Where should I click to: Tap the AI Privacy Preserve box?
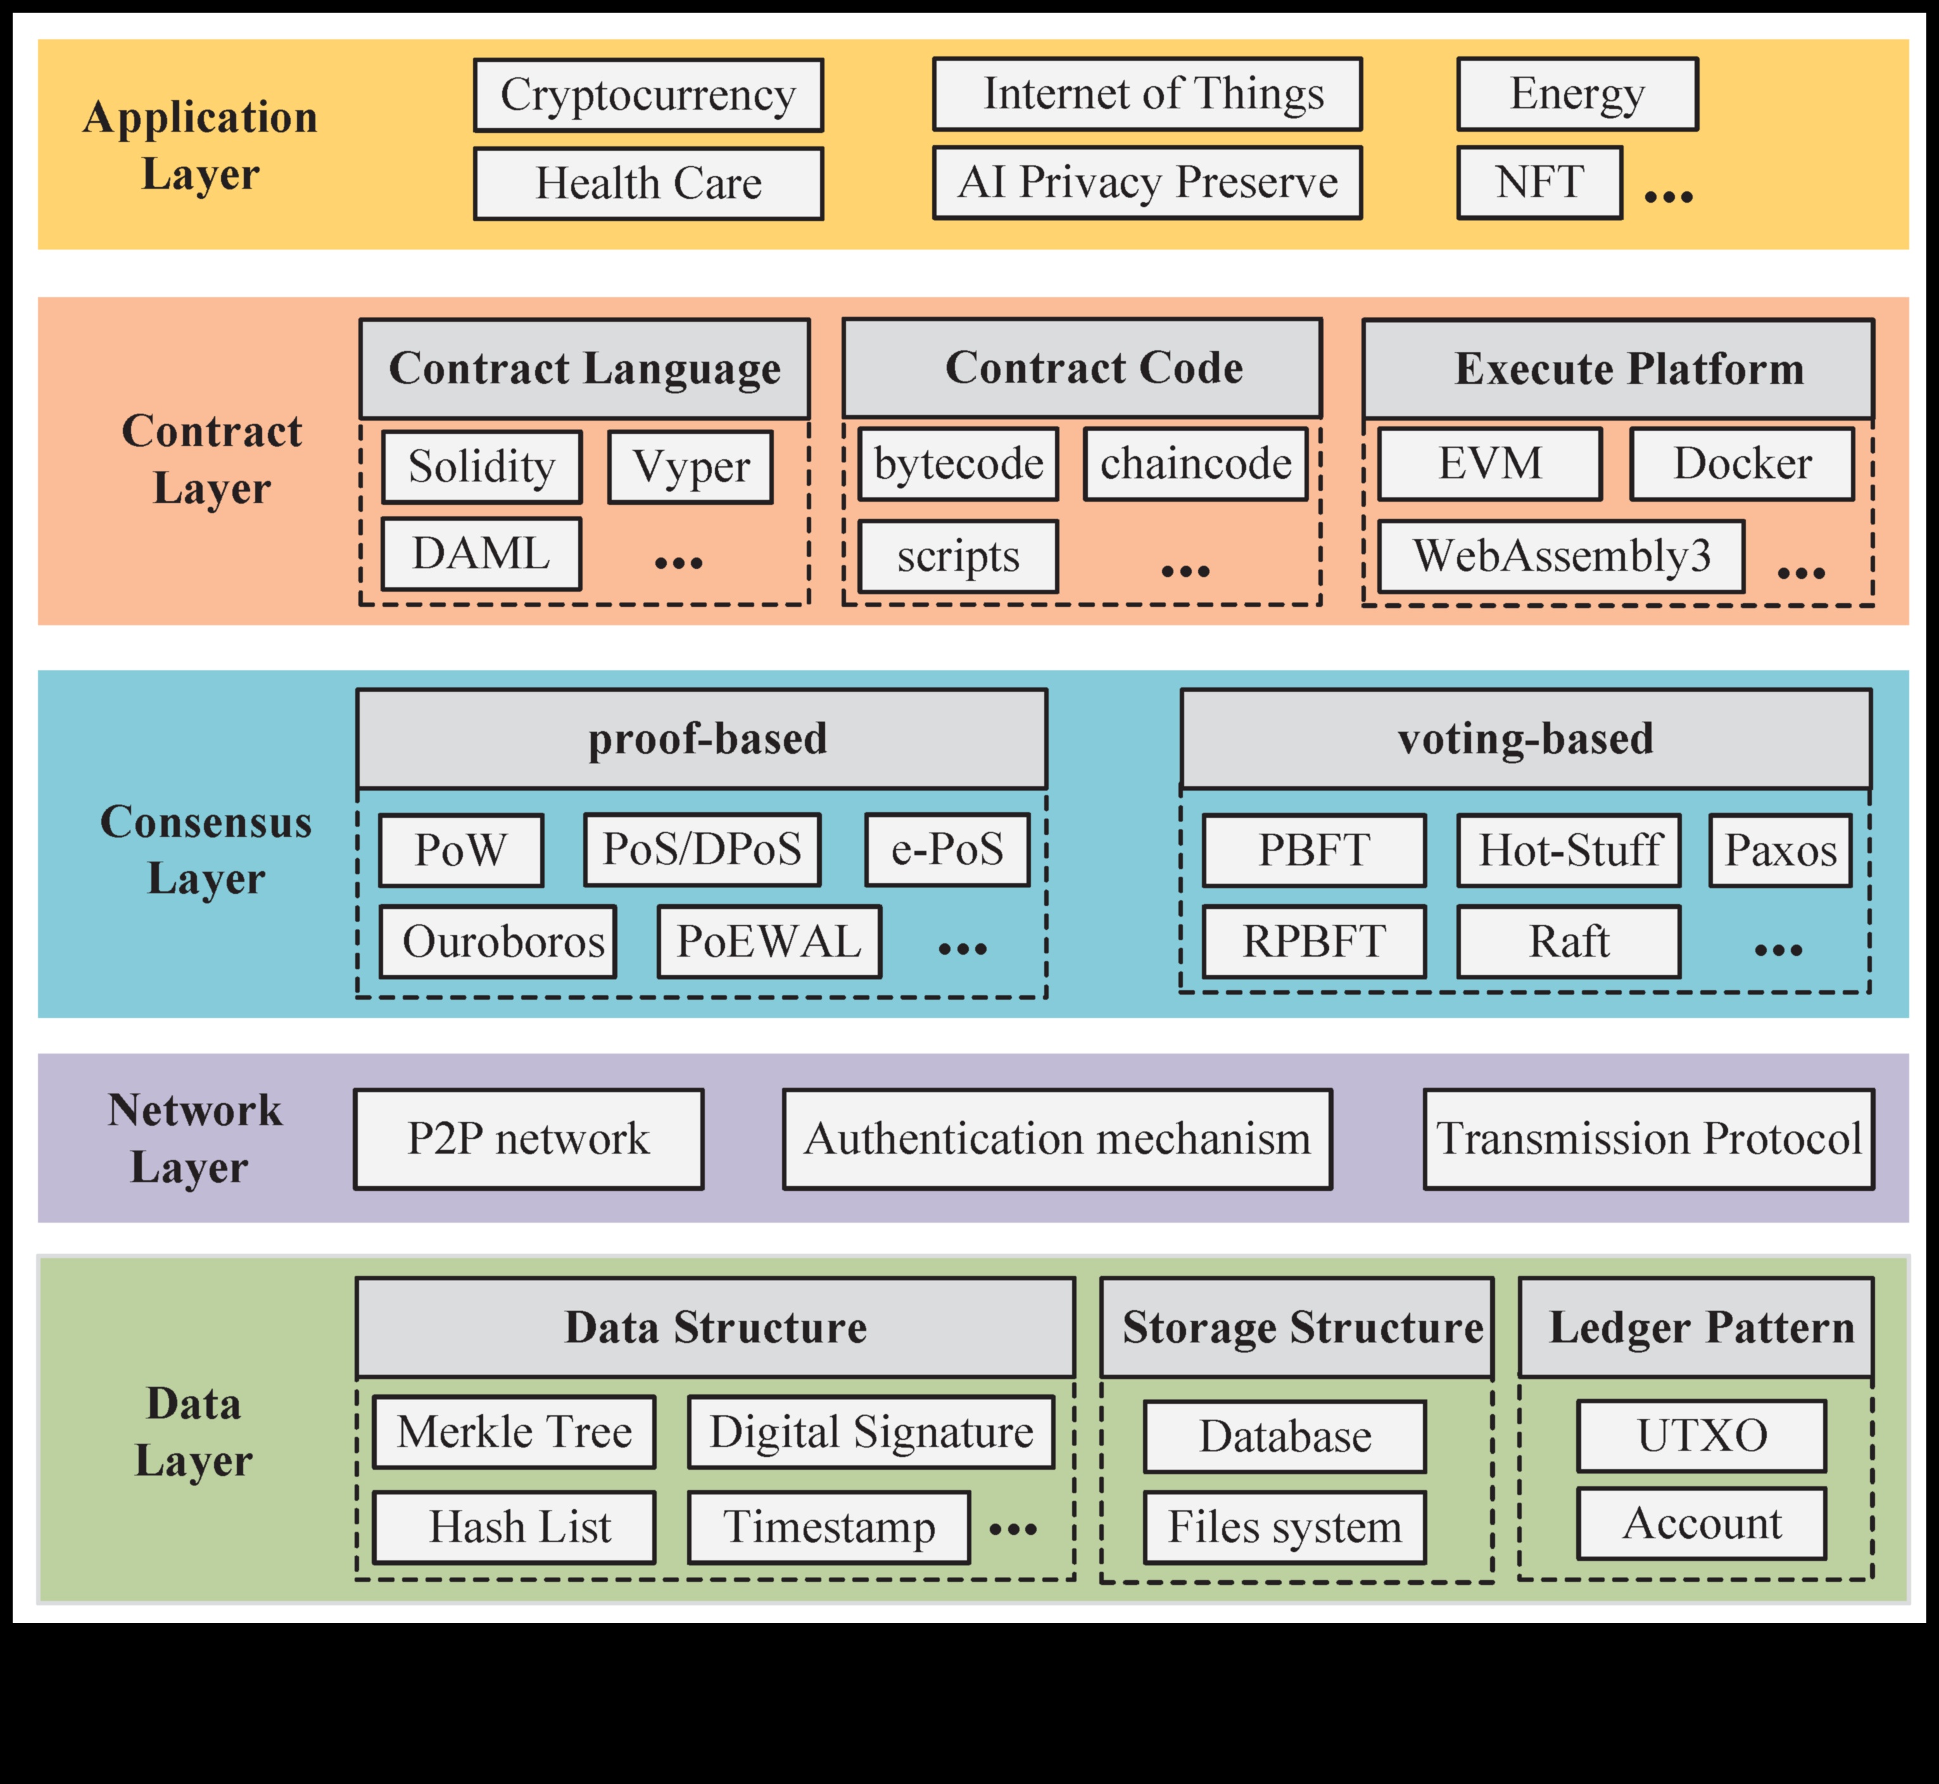(x=1147, y=182)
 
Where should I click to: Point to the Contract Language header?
(x=584, y=369)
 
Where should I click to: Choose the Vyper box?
(x=690, y=468)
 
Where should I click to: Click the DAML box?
(x=481, y=554)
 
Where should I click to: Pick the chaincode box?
(x=1195, y=464)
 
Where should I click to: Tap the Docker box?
(x=1741, y=464)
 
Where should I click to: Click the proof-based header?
(x=702, y=739)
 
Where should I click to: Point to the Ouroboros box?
(x=497, y=942)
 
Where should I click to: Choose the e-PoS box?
(x=947, y=850)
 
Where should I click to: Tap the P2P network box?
(x=528, y=1139)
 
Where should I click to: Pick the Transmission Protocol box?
(x=1648, y=1139)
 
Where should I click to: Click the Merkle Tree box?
(x=514, y=1432)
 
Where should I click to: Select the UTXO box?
(x=1701, y=1436)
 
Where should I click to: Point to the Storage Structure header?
(x=1296, y=1327)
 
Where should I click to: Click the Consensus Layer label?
(x=206, y=850)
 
